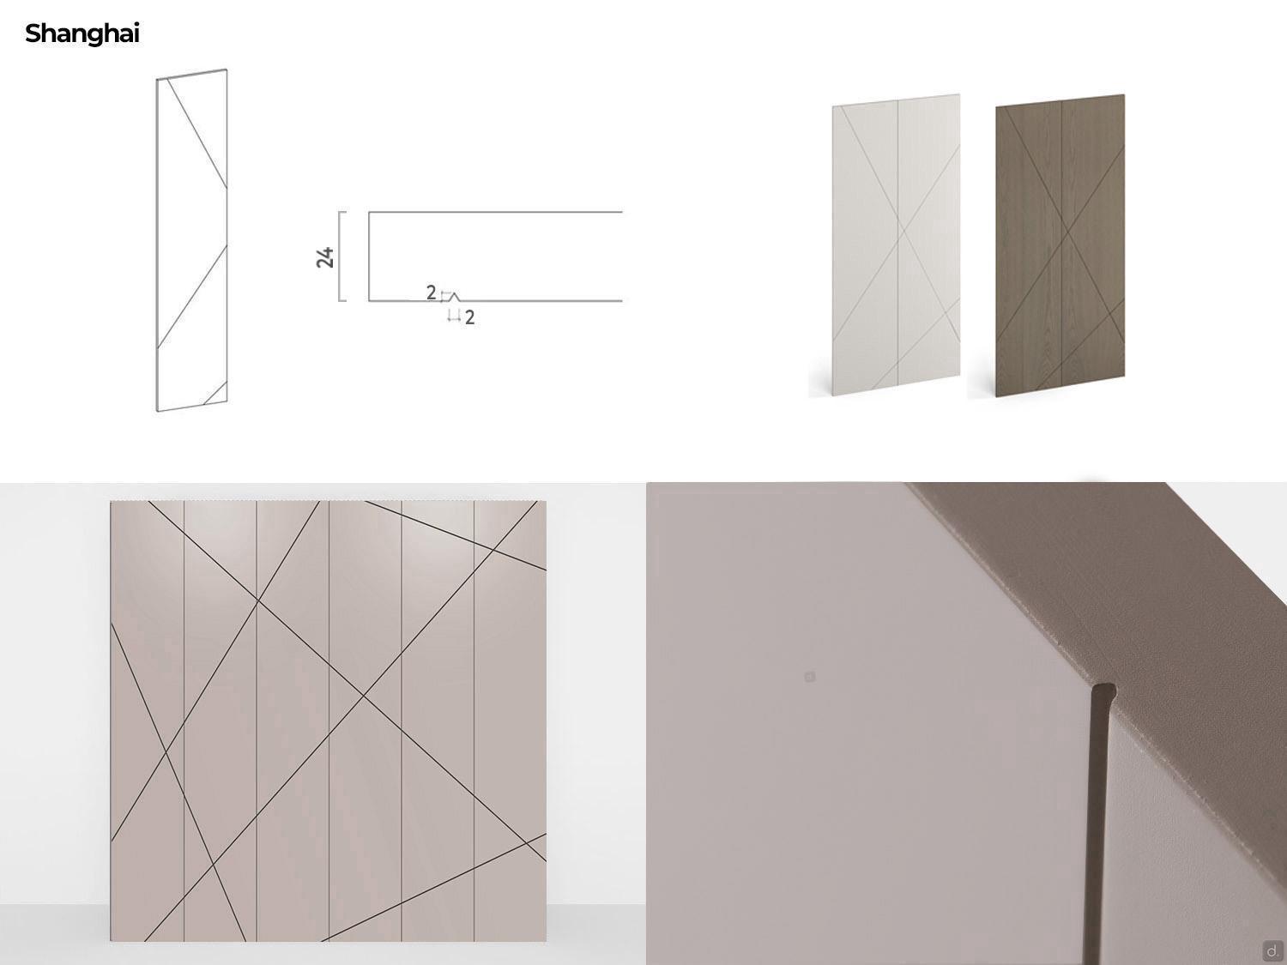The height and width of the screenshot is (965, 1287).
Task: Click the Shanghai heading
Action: (82, 34)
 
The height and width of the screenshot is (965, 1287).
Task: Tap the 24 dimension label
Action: (325, 257)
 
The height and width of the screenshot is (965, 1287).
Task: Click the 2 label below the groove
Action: (469, 317)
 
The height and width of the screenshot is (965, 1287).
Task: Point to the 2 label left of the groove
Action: (431, 293)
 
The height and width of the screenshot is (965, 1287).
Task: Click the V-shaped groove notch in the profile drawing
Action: (454, 297)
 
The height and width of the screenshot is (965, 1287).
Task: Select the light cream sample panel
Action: (896, 244)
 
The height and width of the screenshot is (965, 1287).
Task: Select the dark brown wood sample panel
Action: (1060, 245)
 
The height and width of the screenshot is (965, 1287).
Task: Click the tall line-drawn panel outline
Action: (191, 240)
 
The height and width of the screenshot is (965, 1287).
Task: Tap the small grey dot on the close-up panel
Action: (810, 677)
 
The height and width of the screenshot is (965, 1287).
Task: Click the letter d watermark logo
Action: (1272, 950)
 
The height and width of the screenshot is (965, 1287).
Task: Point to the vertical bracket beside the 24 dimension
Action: (341, 256)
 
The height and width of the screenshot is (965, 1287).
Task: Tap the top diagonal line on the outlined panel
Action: (197, 134)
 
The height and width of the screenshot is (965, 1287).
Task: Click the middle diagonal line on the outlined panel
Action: (191, 297)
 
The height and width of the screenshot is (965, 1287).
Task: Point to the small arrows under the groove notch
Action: (454, 317)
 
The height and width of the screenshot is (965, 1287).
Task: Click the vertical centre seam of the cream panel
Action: (898, 244)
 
